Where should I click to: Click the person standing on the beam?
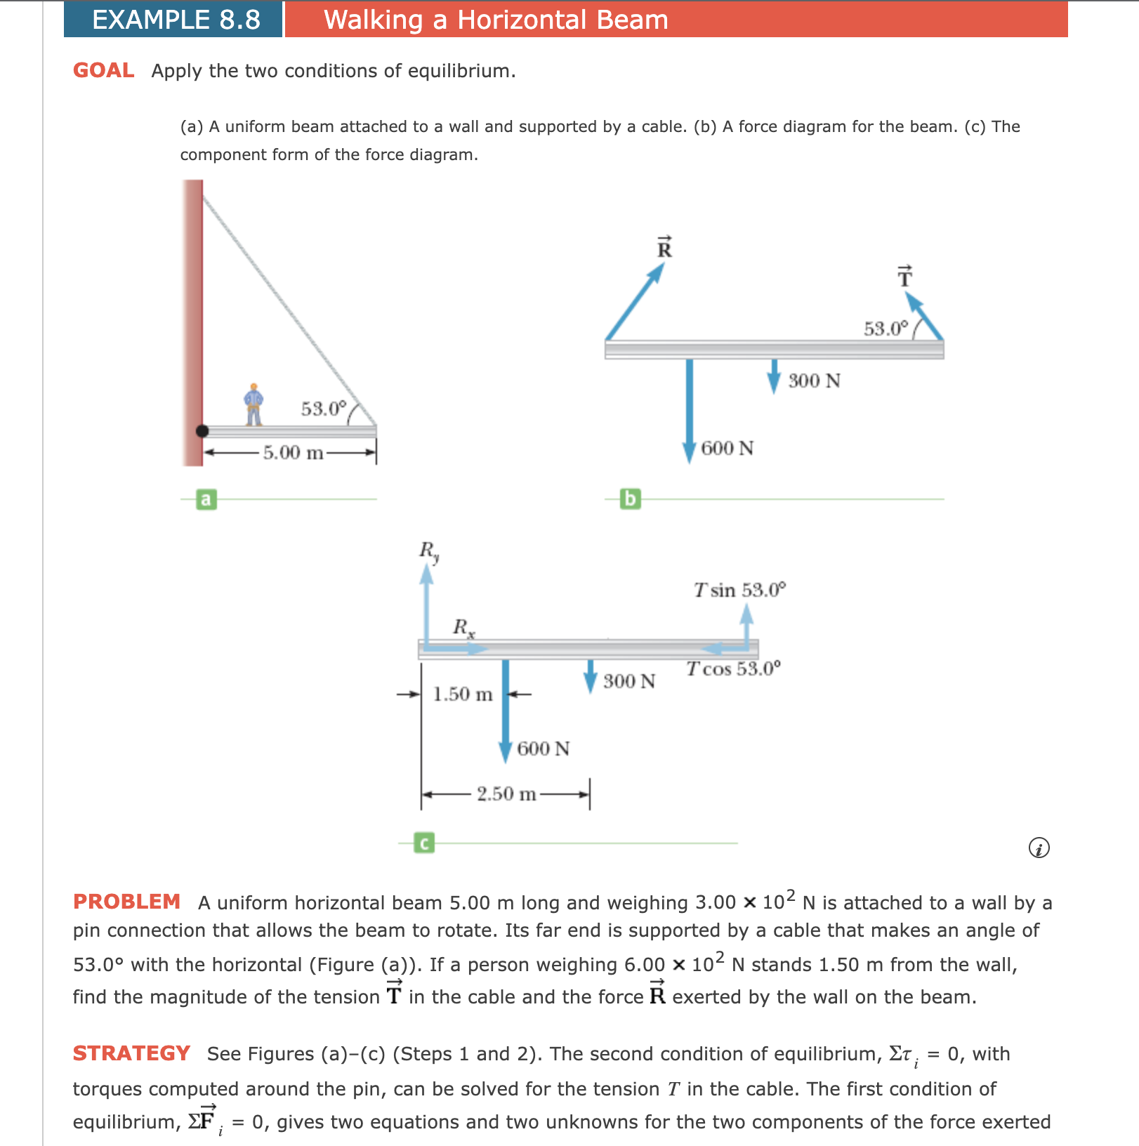pos(254,405)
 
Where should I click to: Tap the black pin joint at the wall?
pos(202,431)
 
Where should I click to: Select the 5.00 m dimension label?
pos(293,452)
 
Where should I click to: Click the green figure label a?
pos(206,499)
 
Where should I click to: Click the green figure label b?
pos(631,499)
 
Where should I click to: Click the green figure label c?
pos(424,843)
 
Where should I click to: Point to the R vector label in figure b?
pos(664,248)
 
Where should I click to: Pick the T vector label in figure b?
pos(905,277)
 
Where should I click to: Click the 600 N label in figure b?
pos(727,448)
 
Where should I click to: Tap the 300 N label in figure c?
pos(628,681)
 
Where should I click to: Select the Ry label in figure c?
pos(429,551)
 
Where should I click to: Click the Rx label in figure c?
pos(463,627)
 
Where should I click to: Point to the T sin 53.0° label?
pos(739,590)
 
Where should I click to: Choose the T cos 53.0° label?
pos(733,668)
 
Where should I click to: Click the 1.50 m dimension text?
pos(462,694)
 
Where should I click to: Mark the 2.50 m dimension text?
pos(506,794)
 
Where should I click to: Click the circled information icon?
pos(1039,848)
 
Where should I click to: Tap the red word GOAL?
pos(104,71)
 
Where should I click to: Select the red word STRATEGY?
pos(131,1053)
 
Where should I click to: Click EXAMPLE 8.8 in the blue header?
pos(176,20)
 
